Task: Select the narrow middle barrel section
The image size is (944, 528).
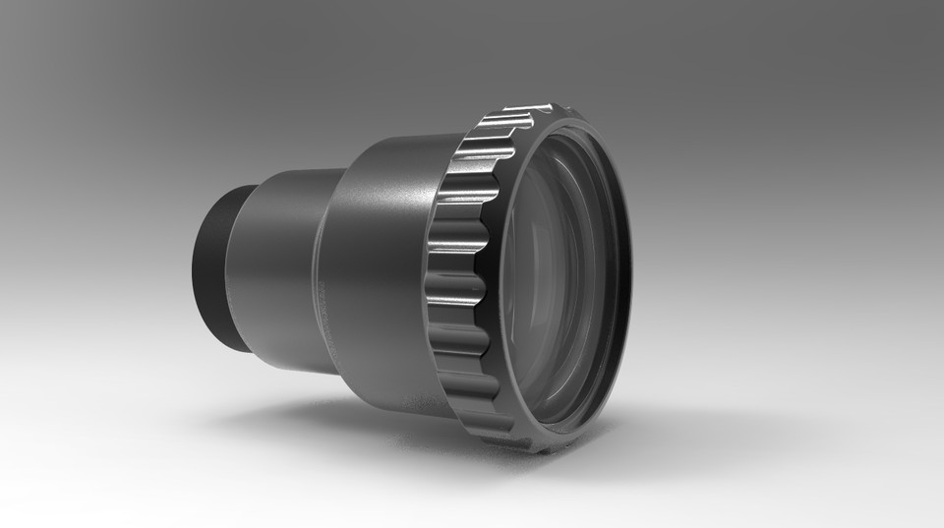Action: click(280, 270)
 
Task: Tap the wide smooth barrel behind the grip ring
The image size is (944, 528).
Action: click(379, 275)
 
